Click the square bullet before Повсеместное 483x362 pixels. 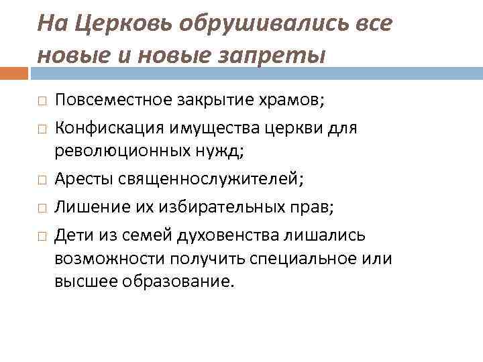point(41,102)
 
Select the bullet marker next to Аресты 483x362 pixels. point(41,179)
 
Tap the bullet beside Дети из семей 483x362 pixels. point(41,235)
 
